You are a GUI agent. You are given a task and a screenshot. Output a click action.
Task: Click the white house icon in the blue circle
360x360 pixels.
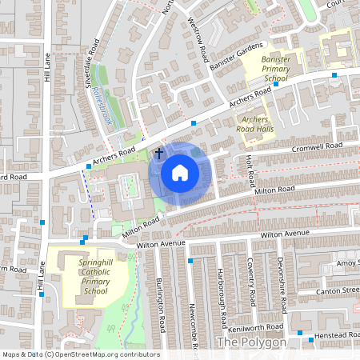[x=180, y=172]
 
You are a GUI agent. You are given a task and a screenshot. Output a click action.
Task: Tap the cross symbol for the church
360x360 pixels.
[x=158, y=152]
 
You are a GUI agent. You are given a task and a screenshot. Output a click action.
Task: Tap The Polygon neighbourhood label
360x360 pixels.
[x=251, y=342]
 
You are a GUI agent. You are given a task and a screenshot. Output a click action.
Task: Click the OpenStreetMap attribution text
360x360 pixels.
[x=80, y=354]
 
